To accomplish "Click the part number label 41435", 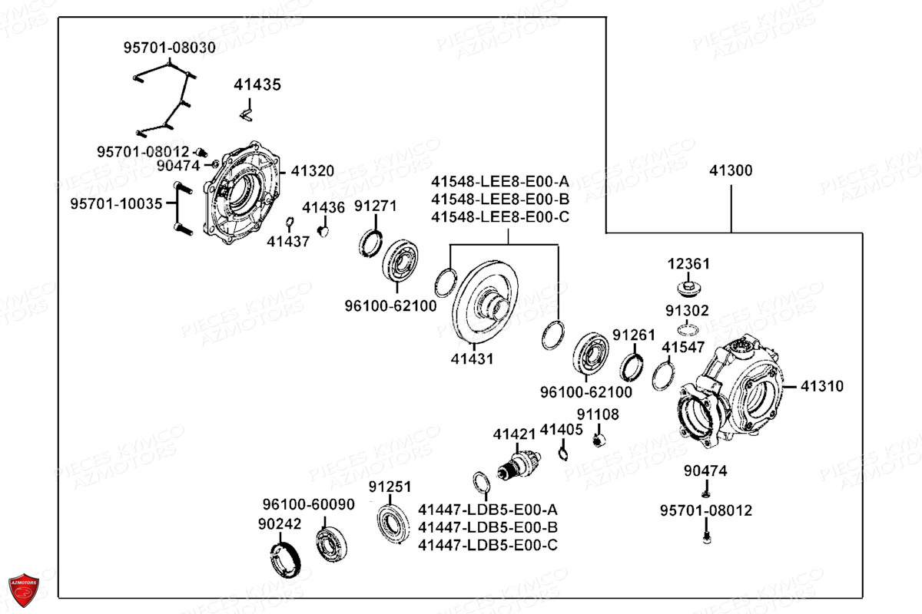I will [x=257, y=84].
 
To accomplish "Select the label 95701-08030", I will [x=169, y=48].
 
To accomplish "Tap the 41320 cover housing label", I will [x=311, y=170].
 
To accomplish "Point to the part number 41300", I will [x=731, y=170].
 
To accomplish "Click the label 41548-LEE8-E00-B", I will [x=500, y=200].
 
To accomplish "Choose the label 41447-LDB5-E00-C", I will [x=488, y=545].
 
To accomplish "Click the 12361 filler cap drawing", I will [x=687, y=290].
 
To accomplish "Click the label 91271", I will [x=375, y=206].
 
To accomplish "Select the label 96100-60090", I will [x=308, y=504].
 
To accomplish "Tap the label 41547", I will [x=683, y=348].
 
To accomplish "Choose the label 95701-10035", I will [x=117, y=204].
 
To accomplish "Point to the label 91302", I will [x=687, y=311].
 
